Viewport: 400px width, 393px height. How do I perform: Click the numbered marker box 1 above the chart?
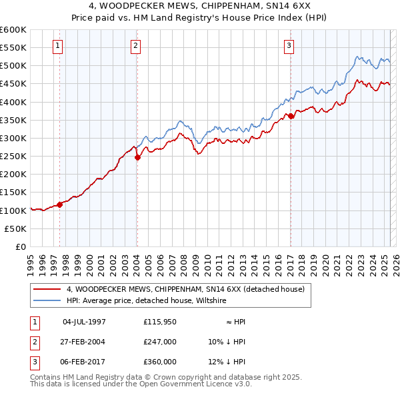pos(58,46)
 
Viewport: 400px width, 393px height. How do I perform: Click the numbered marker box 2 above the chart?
pos(135,46)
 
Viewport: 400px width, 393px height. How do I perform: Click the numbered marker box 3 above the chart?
pos(289,46)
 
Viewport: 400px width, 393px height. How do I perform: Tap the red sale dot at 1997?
pos(59,204)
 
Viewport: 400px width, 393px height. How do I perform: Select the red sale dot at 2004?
pos(137,158)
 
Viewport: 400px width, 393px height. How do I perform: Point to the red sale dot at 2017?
pos(291,117)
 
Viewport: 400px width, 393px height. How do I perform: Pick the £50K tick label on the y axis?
pos(16,228)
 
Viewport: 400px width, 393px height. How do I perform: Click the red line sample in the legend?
pos(47,289)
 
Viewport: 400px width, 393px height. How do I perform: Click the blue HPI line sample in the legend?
pos(47,300)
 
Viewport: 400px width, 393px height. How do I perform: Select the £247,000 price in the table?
pos(160,342)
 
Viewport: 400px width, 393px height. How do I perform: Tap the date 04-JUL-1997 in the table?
pos(84,322)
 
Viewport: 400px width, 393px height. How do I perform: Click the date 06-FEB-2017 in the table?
pos(84,362)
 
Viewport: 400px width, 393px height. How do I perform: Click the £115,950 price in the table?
pos(160,322)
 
